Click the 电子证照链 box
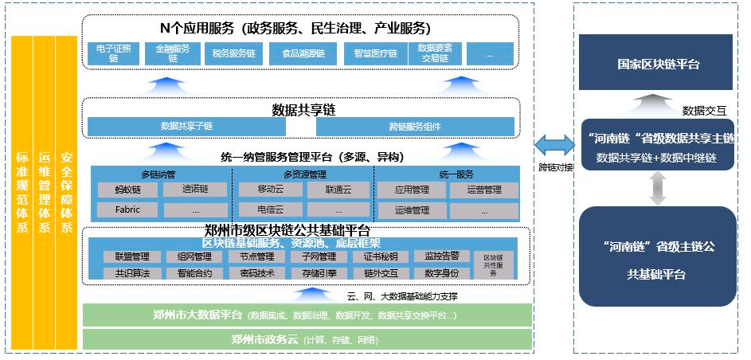point(108,53)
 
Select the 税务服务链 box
point(233,53)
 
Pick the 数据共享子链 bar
point(187,126)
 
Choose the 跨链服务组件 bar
point(415,126)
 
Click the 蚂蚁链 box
point(126,190)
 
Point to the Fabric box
point(126,210)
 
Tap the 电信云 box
point(267,211)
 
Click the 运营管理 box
point(483,190)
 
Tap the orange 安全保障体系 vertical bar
point(66,191)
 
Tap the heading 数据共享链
point(303,108)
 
